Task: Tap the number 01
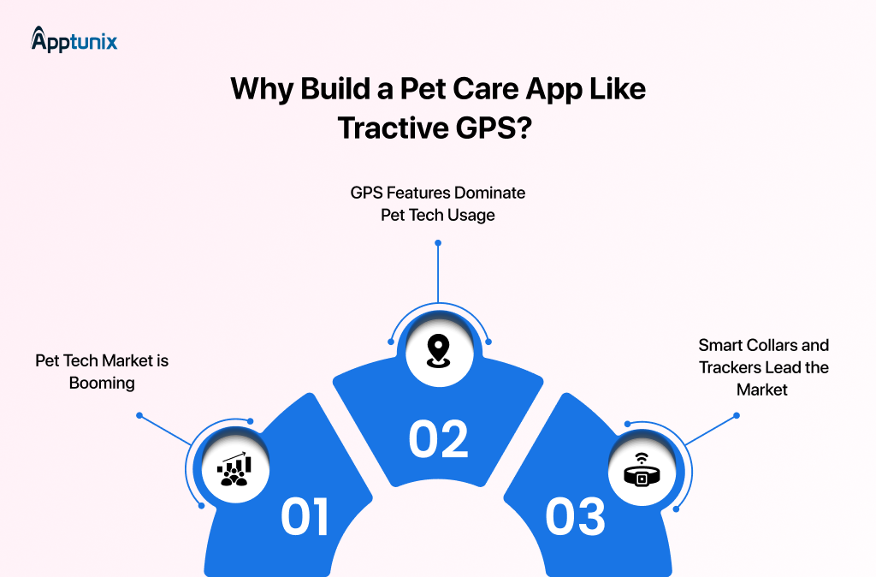coord(305,516)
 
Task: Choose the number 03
coord(575,516)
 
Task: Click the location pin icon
coord(438,350)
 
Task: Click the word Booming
coord(102,383)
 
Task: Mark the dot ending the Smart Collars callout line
coord(737,416)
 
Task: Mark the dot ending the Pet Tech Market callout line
coord(139,416)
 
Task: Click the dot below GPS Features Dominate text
coord(438,242)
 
